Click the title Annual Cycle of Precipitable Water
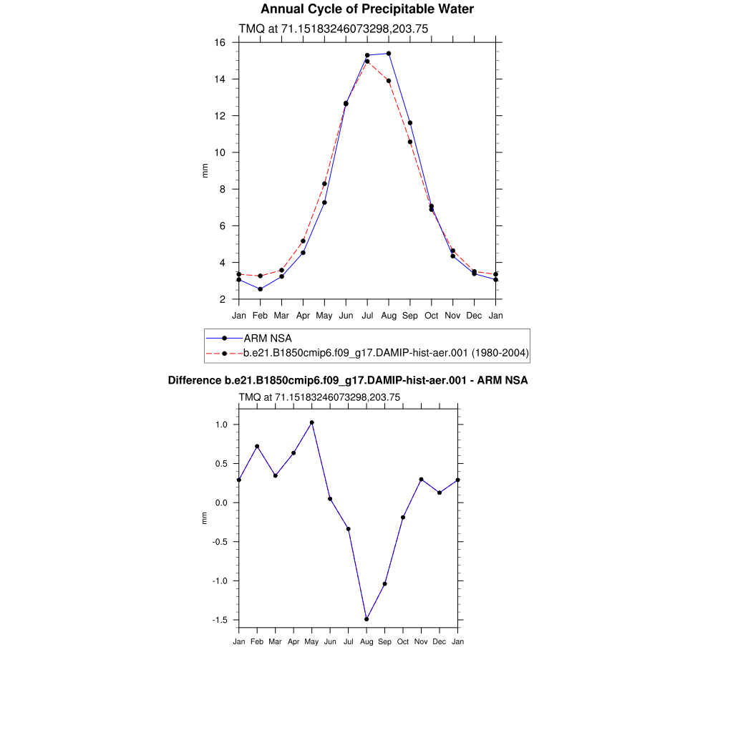click(x=366, y=9)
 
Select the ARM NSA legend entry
click(x=268, y=338)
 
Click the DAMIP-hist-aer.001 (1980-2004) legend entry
click(x=386, y=352)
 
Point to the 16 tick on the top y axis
click(x=220, y=43)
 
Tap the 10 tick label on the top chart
click(x=220, y=152)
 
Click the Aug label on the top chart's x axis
click(x=389, y=315)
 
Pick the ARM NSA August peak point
click(x=389, y=54)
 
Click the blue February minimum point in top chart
click(x=260, y=289)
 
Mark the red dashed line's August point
click(x=389, y=81)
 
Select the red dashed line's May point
click(x=324, y=184)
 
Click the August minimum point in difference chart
click(x=366, y=619)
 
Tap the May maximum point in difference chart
click(x=312, y=422)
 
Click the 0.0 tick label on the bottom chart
click(x=220, y=503)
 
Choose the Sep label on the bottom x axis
click(x=384, y=641)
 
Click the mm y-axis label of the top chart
click(x=205, y=170)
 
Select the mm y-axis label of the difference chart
click(x=205, y=518)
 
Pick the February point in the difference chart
click(x=257, y=447)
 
